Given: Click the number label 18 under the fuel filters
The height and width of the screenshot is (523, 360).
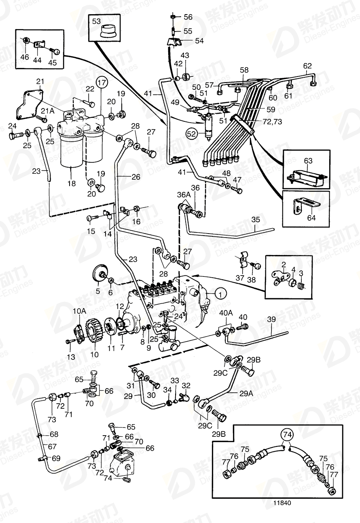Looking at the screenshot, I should (x=72, y=183).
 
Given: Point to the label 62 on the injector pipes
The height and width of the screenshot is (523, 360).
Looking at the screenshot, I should (x=307, y=65).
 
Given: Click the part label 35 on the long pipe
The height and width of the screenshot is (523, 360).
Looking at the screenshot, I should (x=256, y=220).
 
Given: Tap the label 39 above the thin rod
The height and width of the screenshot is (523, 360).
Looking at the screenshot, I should (x=272, y=319).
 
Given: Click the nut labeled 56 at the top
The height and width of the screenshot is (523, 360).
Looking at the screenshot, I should (x=173, y=17).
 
